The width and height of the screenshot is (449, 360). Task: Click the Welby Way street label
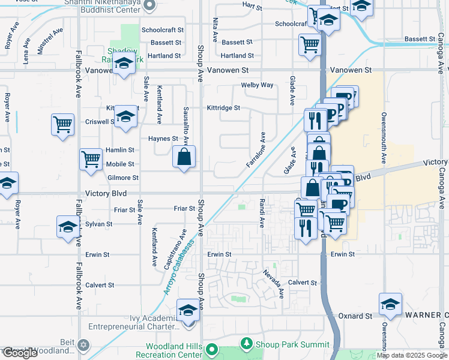257,85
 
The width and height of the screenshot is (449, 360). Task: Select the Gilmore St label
122,178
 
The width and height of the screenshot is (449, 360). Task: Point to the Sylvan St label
99,224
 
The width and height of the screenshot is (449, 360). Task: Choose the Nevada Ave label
273,283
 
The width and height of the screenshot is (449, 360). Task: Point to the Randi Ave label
262,213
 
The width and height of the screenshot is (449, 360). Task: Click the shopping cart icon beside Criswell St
62,125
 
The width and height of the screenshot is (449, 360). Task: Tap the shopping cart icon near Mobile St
91,160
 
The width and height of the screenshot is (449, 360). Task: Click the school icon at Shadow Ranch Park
124,63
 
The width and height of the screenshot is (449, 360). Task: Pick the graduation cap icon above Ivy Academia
188,311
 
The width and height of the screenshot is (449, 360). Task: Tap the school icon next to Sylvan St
68,227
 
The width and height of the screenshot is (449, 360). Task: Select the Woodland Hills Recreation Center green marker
211,349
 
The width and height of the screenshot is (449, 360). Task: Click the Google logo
20,353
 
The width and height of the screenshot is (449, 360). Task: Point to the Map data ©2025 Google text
411,355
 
